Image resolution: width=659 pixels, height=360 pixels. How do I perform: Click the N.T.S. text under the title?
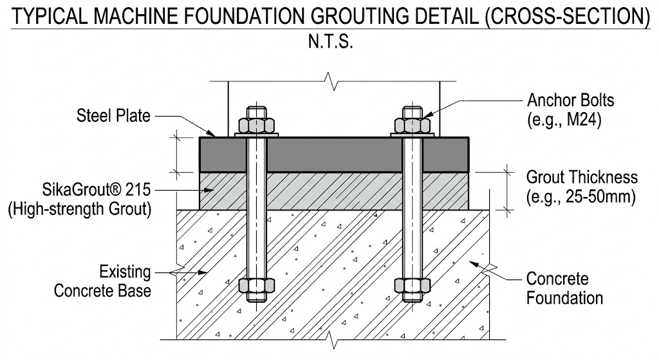330,42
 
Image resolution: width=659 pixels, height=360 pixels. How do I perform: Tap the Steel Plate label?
113,116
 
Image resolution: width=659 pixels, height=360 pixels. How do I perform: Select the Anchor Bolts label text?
571,100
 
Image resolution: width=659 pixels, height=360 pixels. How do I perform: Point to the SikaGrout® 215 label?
97,190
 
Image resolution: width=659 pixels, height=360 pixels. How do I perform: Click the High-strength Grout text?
79,209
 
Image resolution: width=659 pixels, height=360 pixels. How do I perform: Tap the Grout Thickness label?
582,177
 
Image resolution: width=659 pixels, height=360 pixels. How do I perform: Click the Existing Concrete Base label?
102,281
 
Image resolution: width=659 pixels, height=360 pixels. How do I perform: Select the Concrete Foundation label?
564,288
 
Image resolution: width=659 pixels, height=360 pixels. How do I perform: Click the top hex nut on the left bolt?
256,126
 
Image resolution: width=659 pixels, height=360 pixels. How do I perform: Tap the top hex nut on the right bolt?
413,126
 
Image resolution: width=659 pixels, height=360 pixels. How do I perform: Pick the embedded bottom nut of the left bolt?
256,285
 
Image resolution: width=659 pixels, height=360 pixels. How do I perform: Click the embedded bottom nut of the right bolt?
413,285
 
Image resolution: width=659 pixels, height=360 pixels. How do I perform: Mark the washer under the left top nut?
256,135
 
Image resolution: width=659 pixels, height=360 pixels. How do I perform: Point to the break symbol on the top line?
333,81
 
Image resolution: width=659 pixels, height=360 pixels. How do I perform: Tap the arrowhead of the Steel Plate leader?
213,133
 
